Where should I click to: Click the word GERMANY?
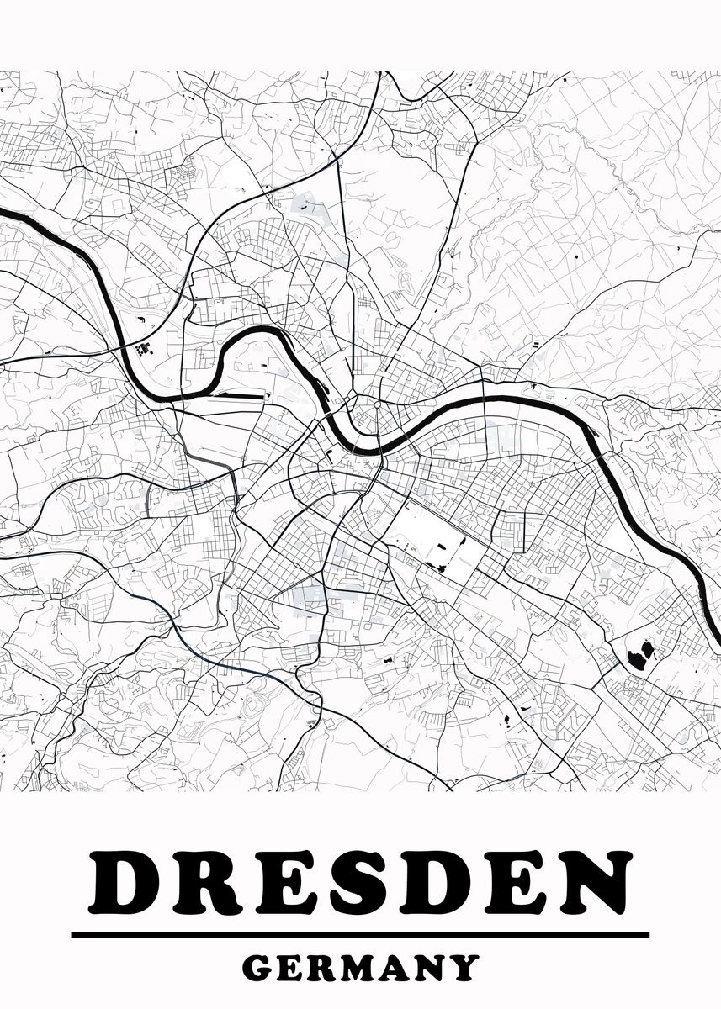pos(360,968)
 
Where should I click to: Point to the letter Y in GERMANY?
pos(464,968)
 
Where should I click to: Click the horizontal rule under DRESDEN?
pos(360,934)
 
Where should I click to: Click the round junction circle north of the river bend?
pos(378,404)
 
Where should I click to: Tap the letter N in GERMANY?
pos(432,968)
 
